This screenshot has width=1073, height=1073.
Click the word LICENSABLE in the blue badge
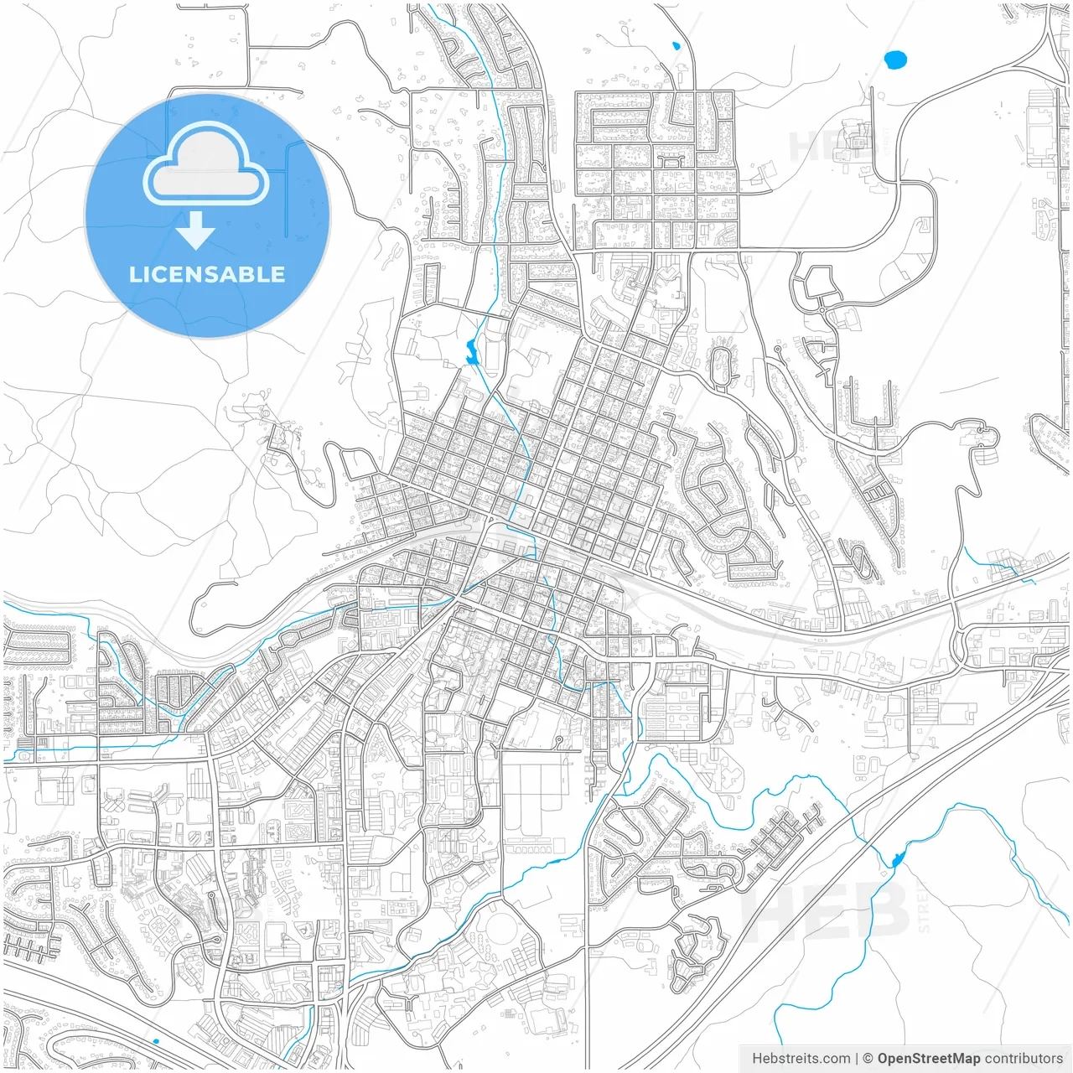pyautogui.click(x=207, y=274)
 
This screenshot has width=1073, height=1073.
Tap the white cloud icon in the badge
pyautogui.click(x=206, y=164)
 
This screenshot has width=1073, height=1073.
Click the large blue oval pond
pyautogui.click(x=895, y=60)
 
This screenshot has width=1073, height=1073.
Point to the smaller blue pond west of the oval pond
pyautogui.click(x=675, y=46)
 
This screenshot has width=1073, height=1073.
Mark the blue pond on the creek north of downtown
pyautogui.click(x=471, y=352)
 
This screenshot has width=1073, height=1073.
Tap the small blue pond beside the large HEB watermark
pyautogui.click(x=896, y=859)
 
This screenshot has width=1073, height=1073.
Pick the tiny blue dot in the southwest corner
pyautogui.click(x=156, y=1041)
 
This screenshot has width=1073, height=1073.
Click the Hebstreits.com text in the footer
pyautogui.click(x=801, y=1059)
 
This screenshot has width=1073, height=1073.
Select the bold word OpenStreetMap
pyautogui.click(x=928, y=1059)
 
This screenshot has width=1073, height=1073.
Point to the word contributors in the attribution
pyautogui.click(x=1024, y=1059)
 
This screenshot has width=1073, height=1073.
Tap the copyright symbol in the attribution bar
pyautogui.click(x=868, y=1059)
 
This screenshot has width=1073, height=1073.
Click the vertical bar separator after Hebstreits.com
pyautogui.click(x=856, y=1059)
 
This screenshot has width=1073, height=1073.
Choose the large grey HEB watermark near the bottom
pyautogui.click(x=826, y=910)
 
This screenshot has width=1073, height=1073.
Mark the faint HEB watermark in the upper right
pyautogui.click(x=826, y=144)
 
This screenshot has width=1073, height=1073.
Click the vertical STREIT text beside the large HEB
pyautogui.click(x=924, y=905)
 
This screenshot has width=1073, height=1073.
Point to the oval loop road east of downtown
pyautogui.click(x=720, y=366)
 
